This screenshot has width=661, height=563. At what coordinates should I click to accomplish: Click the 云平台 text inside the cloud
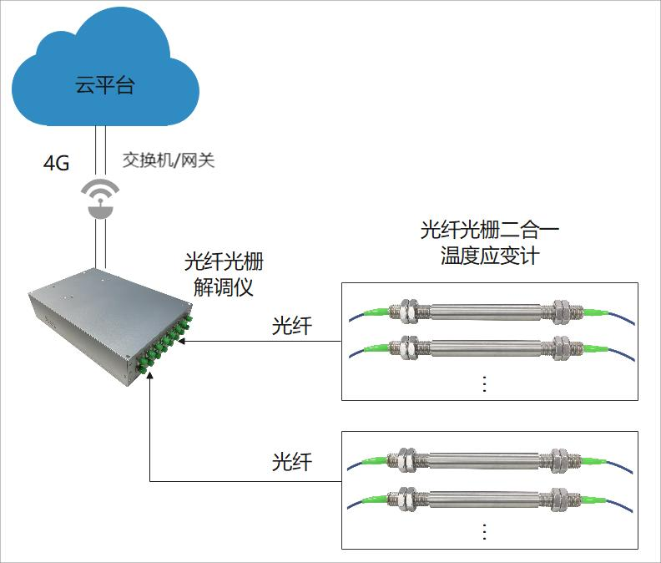104,85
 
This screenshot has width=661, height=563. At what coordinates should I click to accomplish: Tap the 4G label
56,162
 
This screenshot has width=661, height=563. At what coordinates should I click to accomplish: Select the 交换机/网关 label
169,160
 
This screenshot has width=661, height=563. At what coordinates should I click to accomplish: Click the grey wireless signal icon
100,199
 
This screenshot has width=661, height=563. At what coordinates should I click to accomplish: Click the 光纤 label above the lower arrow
292,463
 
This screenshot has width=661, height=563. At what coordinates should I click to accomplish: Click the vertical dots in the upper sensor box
484,383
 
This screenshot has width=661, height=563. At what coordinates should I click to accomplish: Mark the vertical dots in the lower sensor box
484,532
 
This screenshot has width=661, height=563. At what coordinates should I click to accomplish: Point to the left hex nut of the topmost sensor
411,311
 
